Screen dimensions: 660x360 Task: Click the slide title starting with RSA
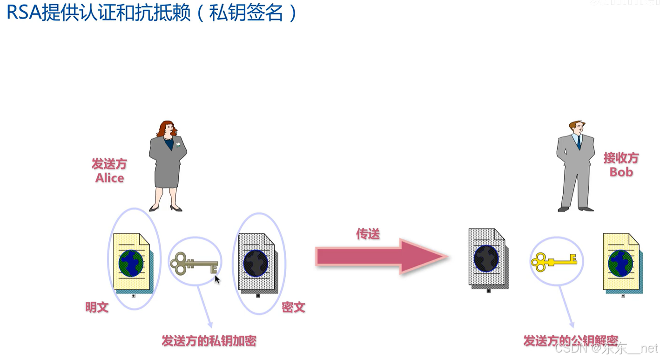point(152,13)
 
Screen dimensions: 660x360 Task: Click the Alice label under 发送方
point(110,178)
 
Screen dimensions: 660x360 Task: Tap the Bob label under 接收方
point(621,172)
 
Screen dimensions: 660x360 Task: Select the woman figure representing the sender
point(168,165)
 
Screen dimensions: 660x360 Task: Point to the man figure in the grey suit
point(576,165)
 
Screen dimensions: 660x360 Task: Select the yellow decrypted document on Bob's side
point(622,262)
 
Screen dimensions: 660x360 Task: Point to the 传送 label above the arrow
point(368,234)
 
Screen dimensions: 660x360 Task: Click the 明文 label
point(97,307)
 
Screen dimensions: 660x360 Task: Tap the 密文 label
point(294,307)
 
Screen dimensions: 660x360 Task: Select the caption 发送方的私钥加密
point(209,341)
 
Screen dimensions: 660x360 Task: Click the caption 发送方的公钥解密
point(571,340)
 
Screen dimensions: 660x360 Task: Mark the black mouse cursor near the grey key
point(217,279)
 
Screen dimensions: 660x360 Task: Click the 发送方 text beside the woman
point(109,164)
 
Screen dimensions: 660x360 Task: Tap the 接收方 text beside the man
point(621,158)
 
